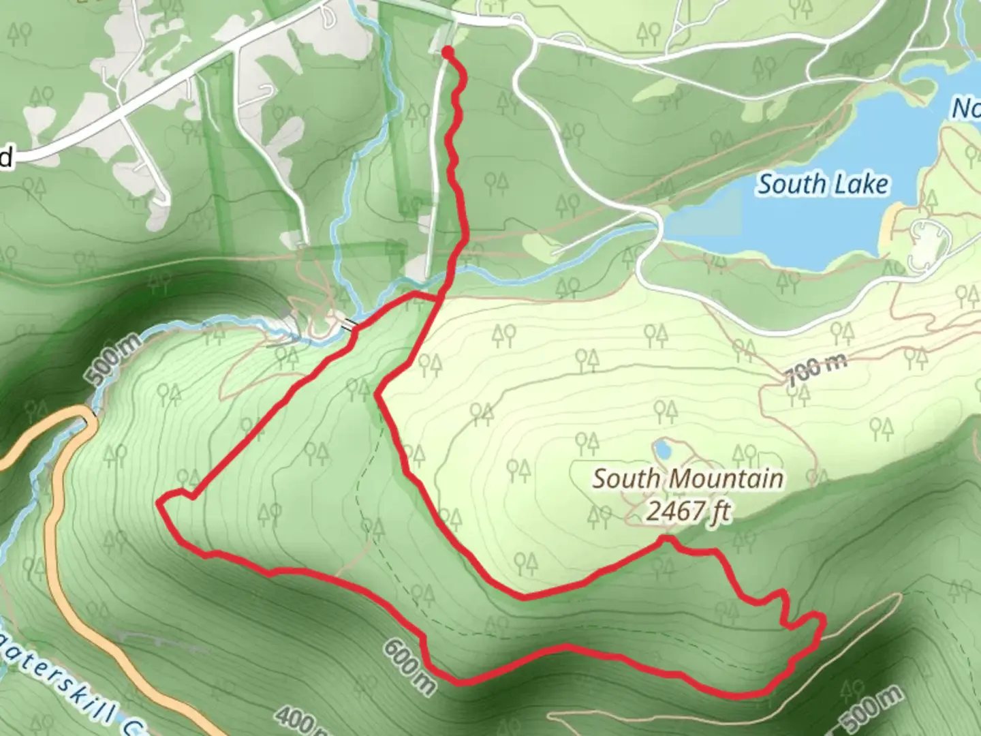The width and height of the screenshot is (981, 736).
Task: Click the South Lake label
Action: coord(823,184)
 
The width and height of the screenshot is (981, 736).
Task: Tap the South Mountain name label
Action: coord(687,478)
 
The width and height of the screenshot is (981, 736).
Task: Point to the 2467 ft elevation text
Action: coord(688,510)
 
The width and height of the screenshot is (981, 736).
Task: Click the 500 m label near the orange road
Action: coord(114,360)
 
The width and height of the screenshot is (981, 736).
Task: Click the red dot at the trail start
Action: coord(448,52)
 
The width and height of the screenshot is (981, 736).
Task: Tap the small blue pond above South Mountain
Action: coord(661,450)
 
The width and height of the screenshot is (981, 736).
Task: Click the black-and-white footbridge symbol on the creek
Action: coord(349,324)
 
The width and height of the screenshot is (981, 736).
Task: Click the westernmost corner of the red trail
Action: coord(159,503)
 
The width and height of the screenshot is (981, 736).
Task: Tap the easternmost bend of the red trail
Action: coord(824,620)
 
